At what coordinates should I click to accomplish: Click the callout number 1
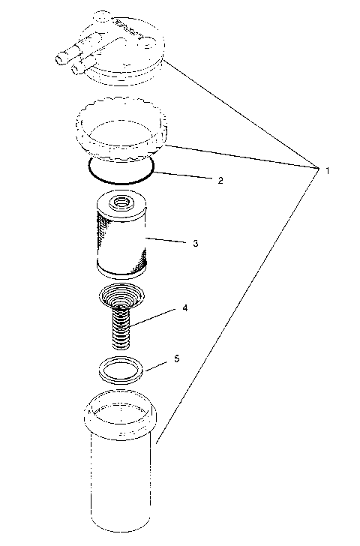pyautogui.click(x=328, y=171)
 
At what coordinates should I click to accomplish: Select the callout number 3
pyautogui.click(x=194, y=244)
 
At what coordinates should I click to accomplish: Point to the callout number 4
pyautogui.click(x=184, y=308)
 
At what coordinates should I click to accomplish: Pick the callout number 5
pyautogui.click(x=177, y=359)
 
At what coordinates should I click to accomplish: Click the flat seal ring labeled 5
pyautogui.click(x=120, y=370)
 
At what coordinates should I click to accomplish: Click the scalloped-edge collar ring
pyautogui.click(x=120, y=132)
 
